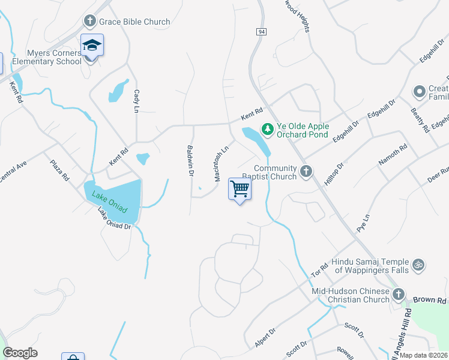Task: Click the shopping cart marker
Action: pos(240,190)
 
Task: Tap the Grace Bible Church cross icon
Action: pos(90,22)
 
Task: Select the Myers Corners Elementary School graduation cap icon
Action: pos(92,45)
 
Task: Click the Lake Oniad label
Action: pos(110,199)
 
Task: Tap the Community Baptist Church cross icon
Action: pos(306,172)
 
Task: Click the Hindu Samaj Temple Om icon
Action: pos(418,264)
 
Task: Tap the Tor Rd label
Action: pos(319,270)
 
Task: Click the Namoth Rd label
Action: pos(393,155)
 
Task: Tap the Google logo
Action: pos(20,353)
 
